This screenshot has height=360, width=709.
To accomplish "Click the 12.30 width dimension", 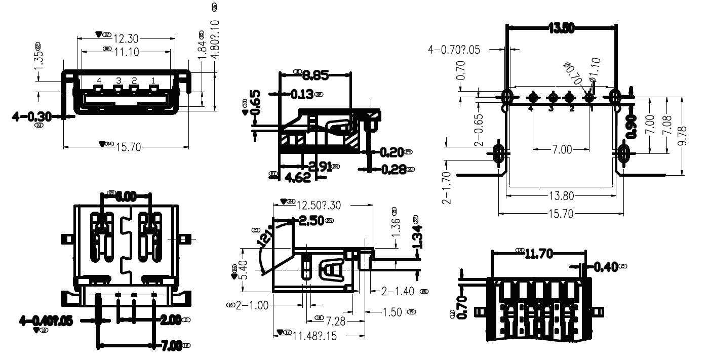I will [x=126, y=38].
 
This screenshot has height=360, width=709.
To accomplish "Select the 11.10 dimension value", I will [x=126, y=51].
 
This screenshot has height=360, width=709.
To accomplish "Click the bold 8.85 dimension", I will [x=316, y=76].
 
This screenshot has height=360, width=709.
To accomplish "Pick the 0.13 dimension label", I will [x=302, y=94].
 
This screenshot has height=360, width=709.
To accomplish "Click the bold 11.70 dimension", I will [x=538, y=254].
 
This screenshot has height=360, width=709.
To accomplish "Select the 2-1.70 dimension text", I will [x=447, y=188].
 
